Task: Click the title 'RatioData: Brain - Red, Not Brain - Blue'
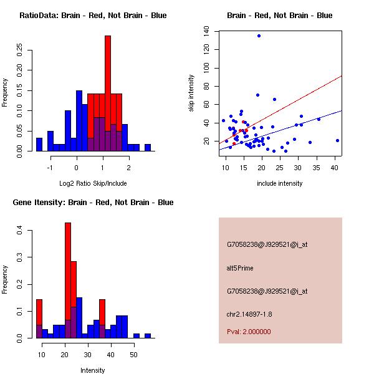coord(93,16)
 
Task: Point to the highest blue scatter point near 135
coord(259,36)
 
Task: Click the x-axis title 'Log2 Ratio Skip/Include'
coord(93,184)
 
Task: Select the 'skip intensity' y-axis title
coord(191,93)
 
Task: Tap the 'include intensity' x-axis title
coord(280,184)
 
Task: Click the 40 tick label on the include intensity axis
coord(337,168)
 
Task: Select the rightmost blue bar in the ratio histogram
coord(148,148)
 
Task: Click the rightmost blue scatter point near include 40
coord(337,141)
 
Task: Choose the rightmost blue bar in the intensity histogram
coord(148,335)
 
